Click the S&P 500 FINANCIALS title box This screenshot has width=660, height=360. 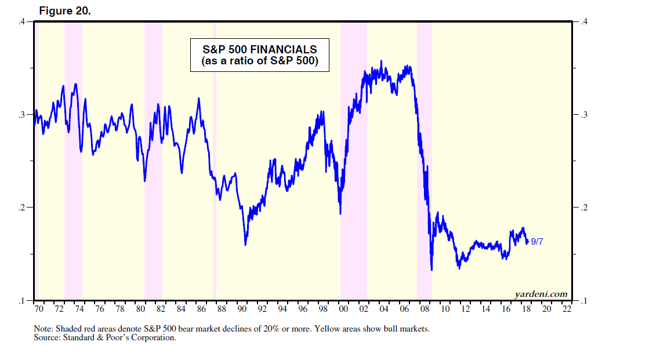pos(260,55)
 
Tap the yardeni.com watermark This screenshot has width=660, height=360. pos(541,294)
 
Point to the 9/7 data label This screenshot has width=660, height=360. pos(537,241)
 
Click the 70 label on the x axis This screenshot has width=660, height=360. pos(39,309)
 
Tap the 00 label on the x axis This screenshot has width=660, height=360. pos(343,309)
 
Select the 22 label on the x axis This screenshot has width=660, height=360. pos(567,309)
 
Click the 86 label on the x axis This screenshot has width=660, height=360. pos(201,309)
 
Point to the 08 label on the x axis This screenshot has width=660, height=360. pos(425,309)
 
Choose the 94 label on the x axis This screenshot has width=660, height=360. pos(282,309)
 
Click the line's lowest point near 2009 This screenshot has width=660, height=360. pos(431,270)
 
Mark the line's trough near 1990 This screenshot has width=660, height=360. pos(245,245)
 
